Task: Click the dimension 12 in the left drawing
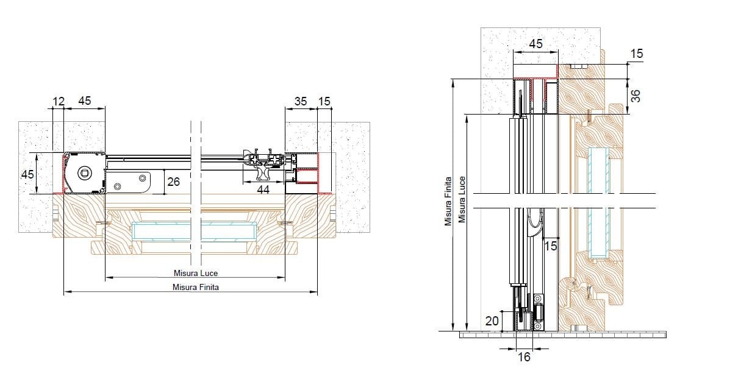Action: coord(58,101)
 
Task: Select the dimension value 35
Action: coord(301,101)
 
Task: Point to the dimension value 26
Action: coord(173,182)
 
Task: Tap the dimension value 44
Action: coord(263,189)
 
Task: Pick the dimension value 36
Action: coord(635,96)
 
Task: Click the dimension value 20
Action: coord(492,321)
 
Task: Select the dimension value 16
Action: coord(524,356)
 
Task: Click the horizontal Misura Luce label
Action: coord(196,273)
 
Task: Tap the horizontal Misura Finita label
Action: coord(196,287)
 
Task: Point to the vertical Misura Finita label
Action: coord(448,201)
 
